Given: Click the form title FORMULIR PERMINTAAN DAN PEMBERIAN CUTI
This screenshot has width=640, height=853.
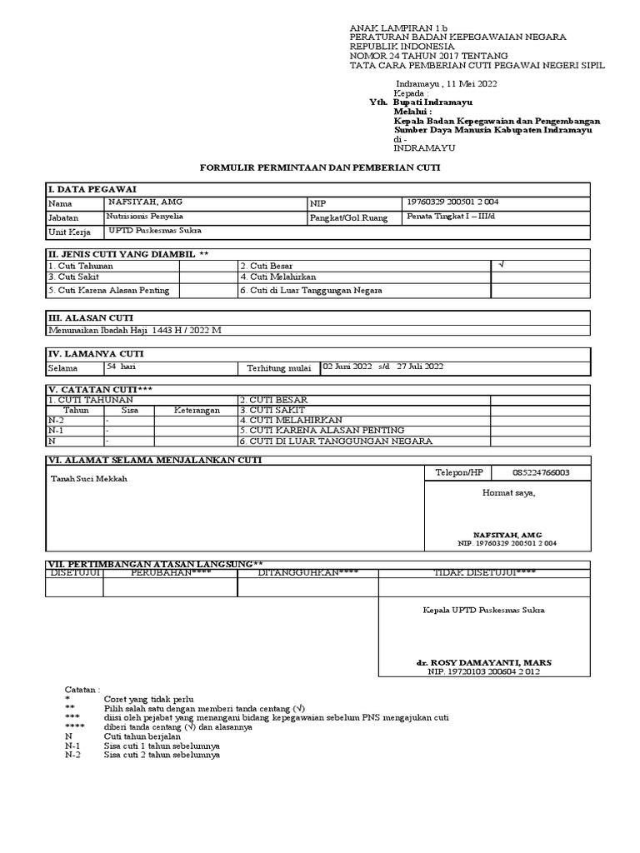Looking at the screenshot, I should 320,167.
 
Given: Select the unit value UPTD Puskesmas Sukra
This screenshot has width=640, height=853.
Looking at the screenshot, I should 153,230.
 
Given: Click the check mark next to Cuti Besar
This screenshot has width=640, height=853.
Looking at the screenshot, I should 501,264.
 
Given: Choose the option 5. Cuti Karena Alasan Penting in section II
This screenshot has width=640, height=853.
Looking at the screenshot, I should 109,290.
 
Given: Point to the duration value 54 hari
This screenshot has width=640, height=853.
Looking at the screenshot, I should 121,367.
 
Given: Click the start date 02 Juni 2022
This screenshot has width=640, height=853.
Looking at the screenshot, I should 348,367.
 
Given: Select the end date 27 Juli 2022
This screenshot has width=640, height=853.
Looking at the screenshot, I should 420,367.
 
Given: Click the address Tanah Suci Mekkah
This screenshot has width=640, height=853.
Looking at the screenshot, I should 90,479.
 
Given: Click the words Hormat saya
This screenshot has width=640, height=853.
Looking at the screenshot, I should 509,493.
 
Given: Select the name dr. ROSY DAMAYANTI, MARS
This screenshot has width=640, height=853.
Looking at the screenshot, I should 484,663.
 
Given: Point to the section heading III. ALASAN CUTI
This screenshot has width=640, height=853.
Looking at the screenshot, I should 91,317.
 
